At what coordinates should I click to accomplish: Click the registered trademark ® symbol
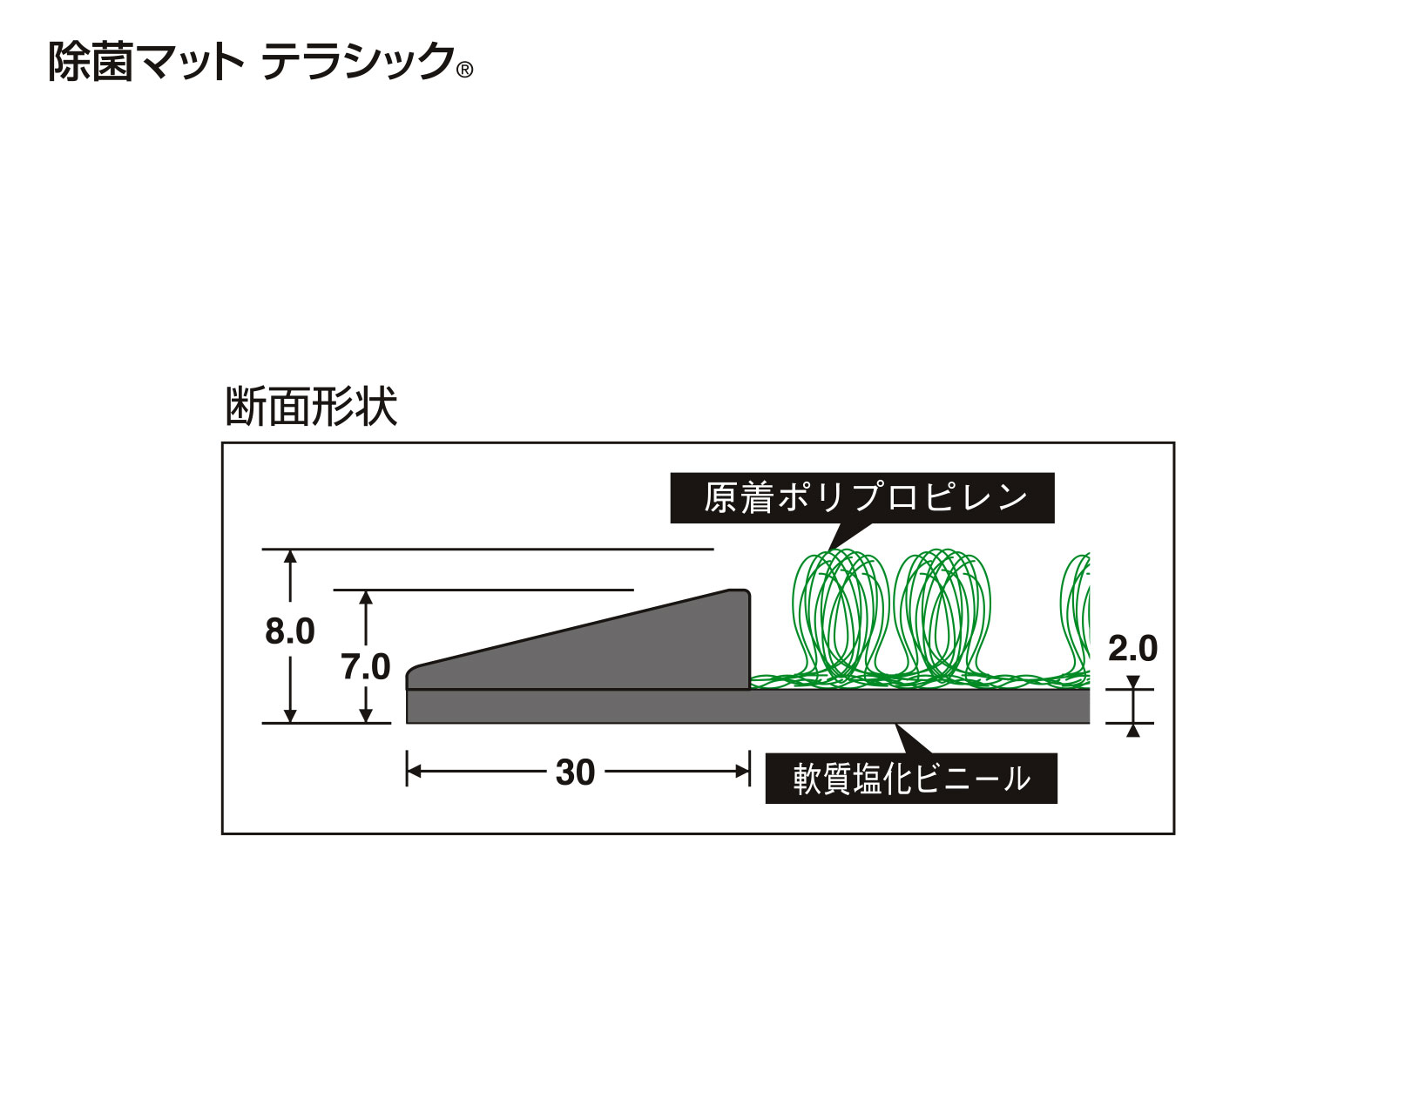point(464,71)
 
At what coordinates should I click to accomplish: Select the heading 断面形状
point(311,406)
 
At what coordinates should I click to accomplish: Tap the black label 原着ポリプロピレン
point(861,498)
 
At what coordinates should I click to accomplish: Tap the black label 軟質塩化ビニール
point(910,778)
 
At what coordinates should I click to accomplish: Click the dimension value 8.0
point(290,631)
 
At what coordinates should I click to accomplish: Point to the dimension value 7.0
point(366,668)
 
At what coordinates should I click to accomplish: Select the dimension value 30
point(575,773)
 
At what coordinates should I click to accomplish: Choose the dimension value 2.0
point(1132,649)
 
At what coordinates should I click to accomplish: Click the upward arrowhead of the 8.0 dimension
point(291,557)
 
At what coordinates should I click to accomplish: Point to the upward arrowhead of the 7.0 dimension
point(367,597)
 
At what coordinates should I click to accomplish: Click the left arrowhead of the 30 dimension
point(414,772)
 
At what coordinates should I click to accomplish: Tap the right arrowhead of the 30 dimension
point(743,772)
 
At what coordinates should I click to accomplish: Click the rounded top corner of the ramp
point(743,594)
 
